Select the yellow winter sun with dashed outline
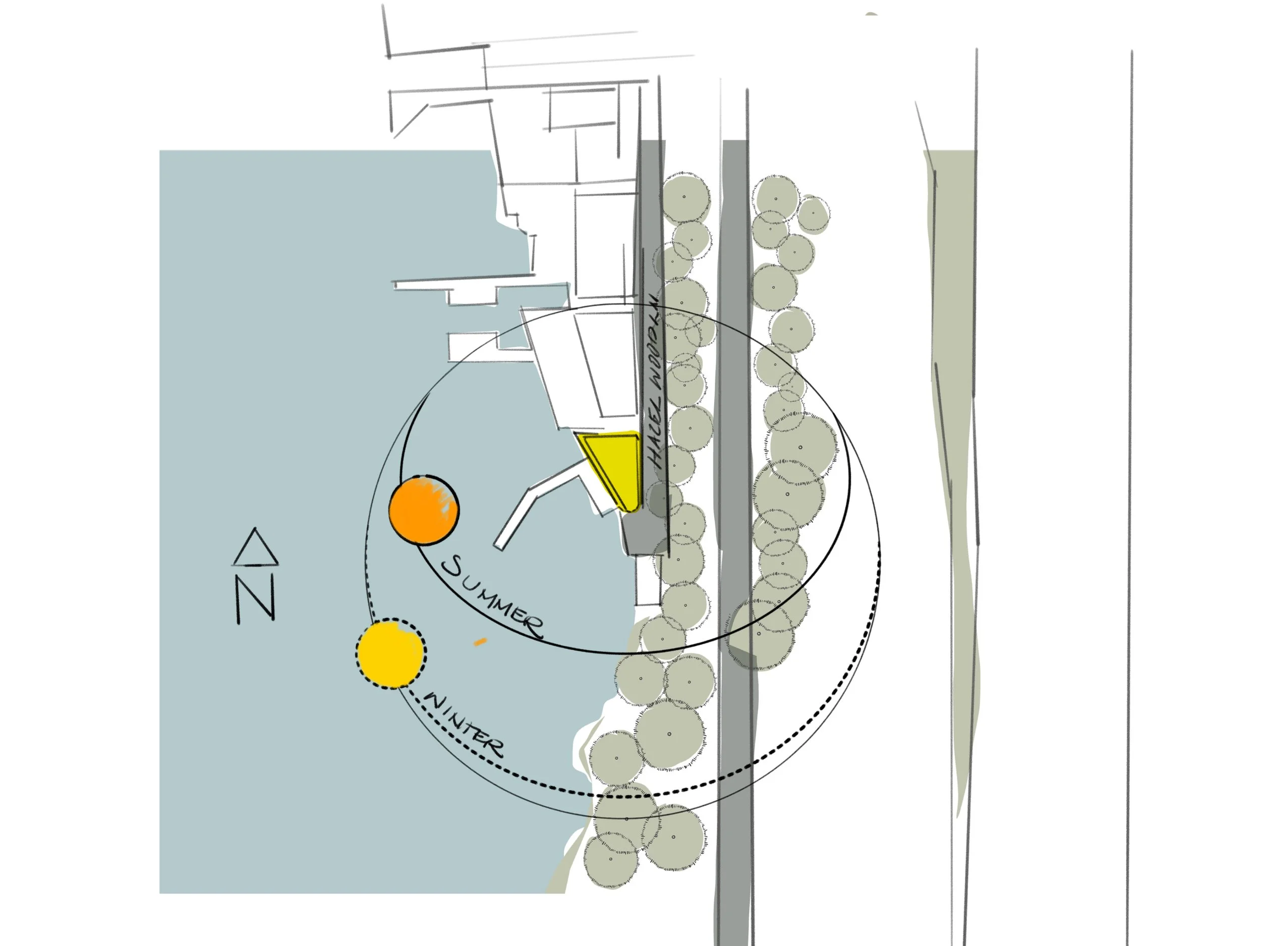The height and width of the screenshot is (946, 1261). tap(390, 653)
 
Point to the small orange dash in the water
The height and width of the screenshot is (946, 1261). tap(481, 641)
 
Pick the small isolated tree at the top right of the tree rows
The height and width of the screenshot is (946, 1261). tap(813, 214)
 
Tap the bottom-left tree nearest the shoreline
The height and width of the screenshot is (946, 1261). tap(610, 859)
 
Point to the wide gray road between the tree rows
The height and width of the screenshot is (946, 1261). tap(736, 456)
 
